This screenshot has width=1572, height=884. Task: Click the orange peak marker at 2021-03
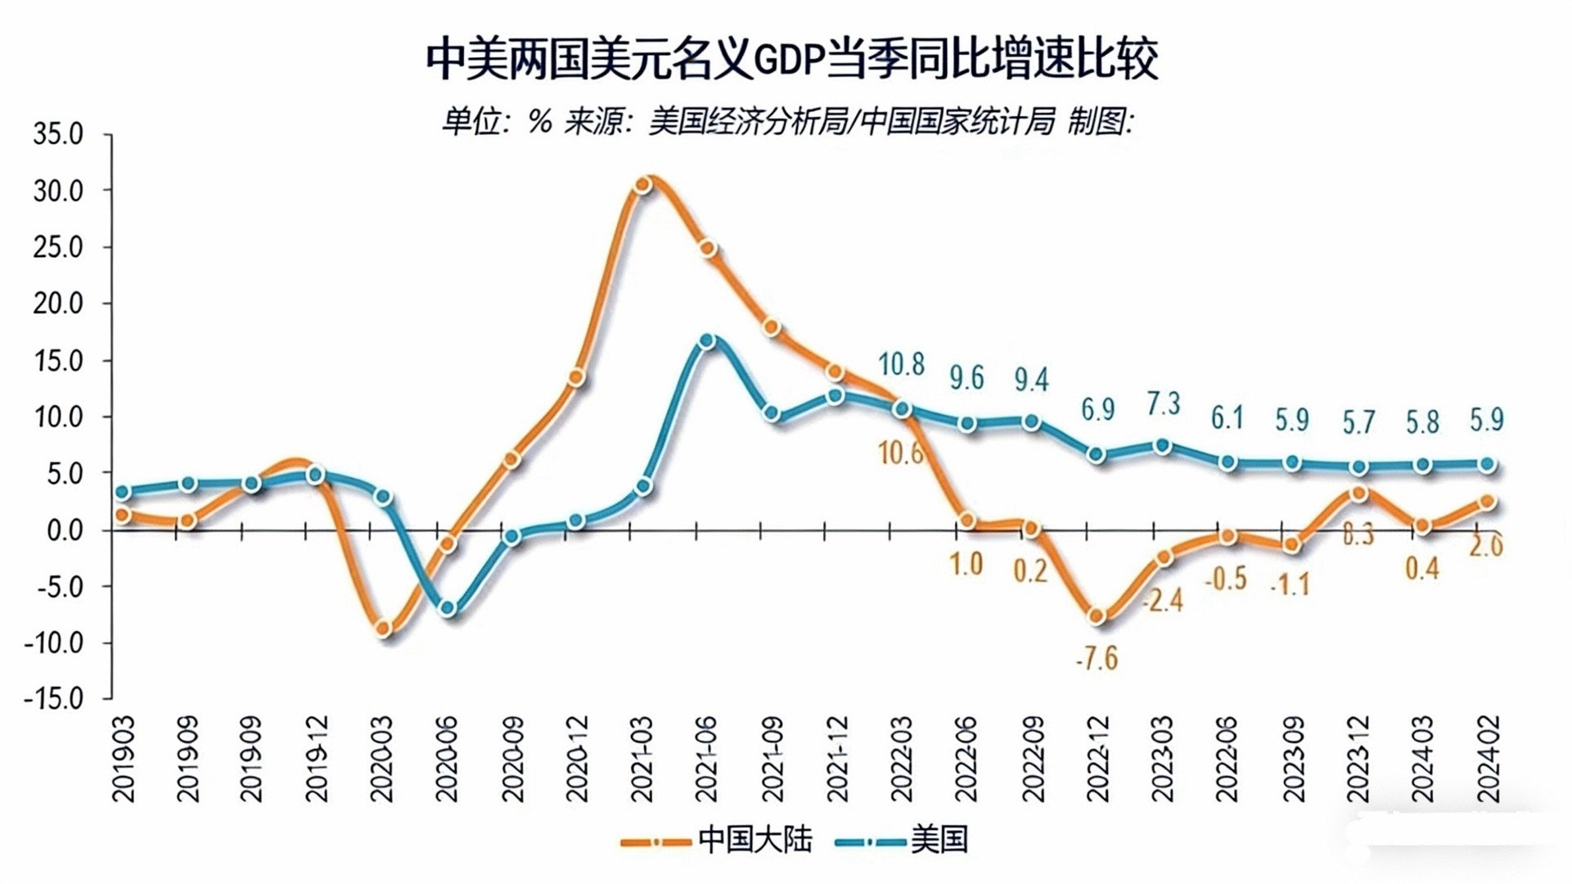(x=643, y=185)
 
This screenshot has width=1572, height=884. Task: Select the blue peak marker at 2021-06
(x=708, y=341)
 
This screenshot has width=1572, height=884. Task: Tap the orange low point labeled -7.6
(x=1098, y=616)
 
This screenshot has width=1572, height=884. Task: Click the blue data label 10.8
(x=901, y=364)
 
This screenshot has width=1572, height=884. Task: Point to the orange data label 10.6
(x=900, y=453)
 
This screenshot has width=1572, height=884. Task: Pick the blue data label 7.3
(x=1164, y=404)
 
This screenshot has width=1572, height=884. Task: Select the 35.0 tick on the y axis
(x=58, y=134)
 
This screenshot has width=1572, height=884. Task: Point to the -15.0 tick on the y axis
(x=54, y=699)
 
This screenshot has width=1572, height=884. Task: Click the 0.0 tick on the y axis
(x=65, y=530)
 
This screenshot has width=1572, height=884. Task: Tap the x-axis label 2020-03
(x=381, y=759)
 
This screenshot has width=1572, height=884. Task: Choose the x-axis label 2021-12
(x=837, y=759)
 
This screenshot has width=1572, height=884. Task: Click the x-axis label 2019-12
(x=317, y=759)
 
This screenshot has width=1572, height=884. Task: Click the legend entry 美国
(x=939, y=840)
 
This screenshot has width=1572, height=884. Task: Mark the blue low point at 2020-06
(x=447, y=608)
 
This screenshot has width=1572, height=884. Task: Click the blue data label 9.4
(x=1031, y=380)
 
